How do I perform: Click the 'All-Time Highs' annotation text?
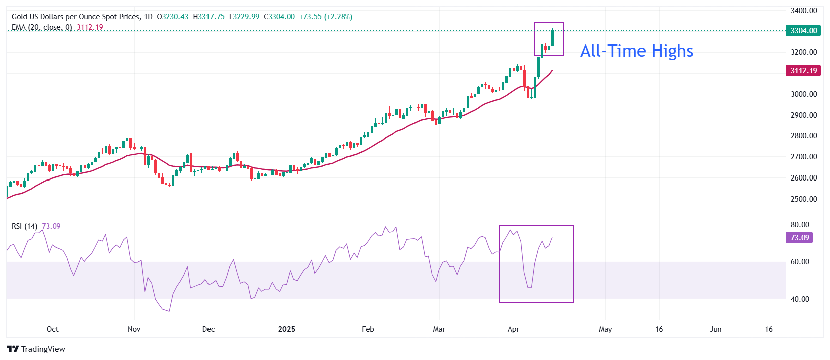[x=637, y=51]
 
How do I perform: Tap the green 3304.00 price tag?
[x=804, y=31]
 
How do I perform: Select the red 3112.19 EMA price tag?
[x=804, y=71]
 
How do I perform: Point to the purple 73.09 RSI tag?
[x=799, y=238]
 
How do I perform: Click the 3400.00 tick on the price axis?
[x=804, y=11]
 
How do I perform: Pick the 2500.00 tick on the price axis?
[x=804, y=199]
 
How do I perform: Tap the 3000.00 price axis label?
[x=804, y=94]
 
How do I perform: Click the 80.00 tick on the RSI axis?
[x=800, y=225]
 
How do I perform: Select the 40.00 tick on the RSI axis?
[x=800, y=299]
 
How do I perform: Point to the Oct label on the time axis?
[x=52, y=329]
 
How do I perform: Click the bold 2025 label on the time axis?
[x=287, y=329]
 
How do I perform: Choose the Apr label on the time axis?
[x=513, y=329]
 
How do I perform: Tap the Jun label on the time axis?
[x=715, y=329]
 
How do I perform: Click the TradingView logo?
[x=36, y=349]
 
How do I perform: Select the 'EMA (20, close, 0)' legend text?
[x=42, y=27]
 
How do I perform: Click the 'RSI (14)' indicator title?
[x=24, y=226]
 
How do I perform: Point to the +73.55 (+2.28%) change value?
[x=326, y=17]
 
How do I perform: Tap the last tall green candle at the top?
[x=552, y=38]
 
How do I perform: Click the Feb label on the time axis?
[x=368, y=329]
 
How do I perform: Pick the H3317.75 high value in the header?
[x=209, y=17]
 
